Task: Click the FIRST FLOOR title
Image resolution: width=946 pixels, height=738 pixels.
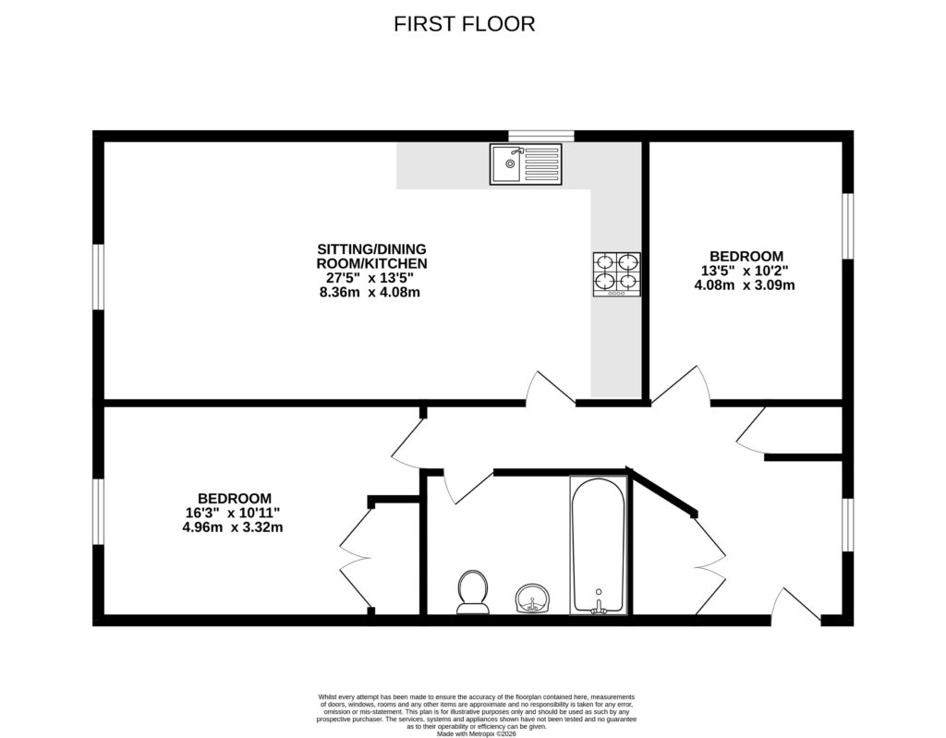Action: pyautogui.click(x=464, y=24)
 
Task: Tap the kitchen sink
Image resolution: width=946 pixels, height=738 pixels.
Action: pyautogui.click(x=525, y=164)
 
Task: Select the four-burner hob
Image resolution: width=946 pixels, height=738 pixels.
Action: pyautogui.click(x=616, y=274)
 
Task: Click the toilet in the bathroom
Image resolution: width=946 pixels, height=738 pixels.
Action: pyautogui.click(x=473, y=591)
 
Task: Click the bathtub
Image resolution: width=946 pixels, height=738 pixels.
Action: pyautogui.click(x=599, y=545)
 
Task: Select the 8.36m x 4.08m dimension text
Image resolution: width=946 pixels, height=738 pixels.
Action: pyautogui.click(x=370, y=293)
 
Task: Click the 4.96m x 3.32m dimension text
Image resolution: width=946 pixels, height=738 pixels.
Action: pyautogui.click(x=234, y=528)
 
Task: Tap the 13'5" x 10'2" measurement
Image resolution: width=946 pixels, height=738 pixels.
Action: pyautogui.click(x=745, y=272)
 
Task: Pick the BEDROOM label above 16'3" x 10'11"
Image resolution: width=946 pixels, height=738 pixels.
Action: pyautogui.click(x=234, y=497)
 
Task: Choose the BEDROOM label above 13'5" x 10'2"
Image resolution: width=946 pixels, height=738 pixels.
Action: pyautogui.click(x=746, y=256)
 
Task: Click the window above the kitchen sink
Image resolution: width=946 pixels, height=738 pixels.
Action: pyautogui.click(x=541, y=137)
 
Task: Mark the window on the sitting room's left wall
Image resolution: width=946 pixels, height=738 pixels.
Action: pyautogui.click(x=98, y=277)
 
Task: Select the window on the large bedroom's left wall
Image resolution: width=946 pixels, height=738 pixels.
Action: pyautogui.click(x=98, y=512)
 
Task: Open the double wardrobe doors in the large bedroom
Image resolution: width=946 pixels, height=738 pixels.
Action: pyautogui.click(x=354, y=557)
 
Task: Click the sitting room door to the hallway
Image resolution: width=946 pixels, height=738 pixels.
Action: pyautogui.click(x=551, y=391)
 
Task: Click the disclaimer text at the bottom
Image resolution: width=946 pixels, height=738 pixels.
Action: pyautogui.click(x=472, y=712)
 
